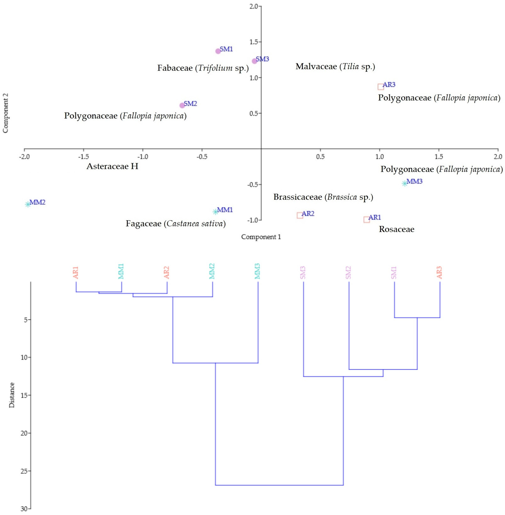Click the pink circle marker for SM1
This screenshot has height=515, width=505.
[218, 51]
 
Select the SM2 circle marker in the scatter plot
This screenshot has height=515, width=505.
[182, 105]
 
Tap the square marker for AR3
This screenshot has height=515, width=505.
[381, 87]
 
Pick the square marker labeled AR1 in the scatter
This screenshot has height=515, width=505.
[367, 220]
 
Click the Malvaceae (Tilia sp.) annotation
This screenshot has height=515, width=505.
[335, 66]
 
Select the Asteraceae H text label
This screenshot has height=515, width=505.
[112, 166]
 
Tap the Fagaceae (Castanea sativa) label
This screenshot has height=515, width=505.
[176, 223]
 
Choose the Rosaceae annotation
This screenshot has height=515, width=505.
[397, 229]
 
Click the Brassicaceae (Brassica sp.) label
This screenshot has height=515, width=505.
[323, 197]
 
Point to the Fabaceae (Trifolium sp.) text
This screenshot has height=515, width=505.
[203, 68]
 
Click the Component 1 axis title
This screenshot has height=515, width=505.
[261, 237]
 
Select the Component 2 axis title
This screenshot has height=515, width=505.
[6, 113]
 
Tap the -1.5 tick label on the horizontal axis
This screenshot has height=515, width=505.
[84, 157]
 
